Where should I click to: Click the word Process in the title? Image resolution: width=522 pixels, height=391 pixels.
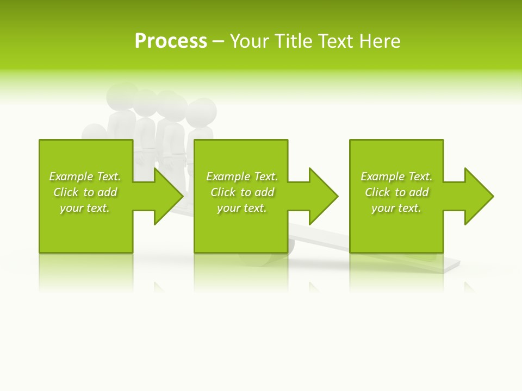coord(171,41)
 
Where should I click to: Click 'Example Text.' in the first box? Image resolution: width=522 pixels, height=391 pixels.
coord(85,176)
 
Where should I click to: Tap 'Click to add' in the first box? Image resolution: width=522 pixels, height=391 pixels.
coord(85,192)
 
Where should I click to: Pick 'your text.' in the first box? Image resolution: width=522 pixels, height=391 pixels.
coord(85,208)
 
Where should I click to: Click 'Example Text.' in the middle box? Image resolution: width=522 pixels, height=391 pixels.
coord(242,176)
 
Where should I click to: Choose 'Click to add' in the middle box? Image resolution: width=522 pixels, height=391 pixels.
coord(243,192)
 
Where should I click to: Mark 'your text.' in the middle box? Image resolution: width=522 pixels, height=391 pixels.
coord(242,208)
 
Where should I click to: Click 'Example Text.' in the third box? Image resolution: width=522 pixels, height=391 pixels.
coord(396,176)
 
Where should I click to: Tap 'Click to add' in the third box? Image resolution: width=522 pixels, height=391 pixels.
coord(397,192)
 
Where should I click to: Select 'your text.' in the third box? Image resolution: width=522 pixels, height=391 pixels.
coord(396,208)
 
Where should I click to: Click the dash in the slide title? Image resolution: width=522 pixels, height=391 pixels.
coord(218,41)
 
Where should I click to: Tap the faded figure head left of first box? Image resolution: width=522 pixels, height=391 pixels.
coord(93,133)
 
